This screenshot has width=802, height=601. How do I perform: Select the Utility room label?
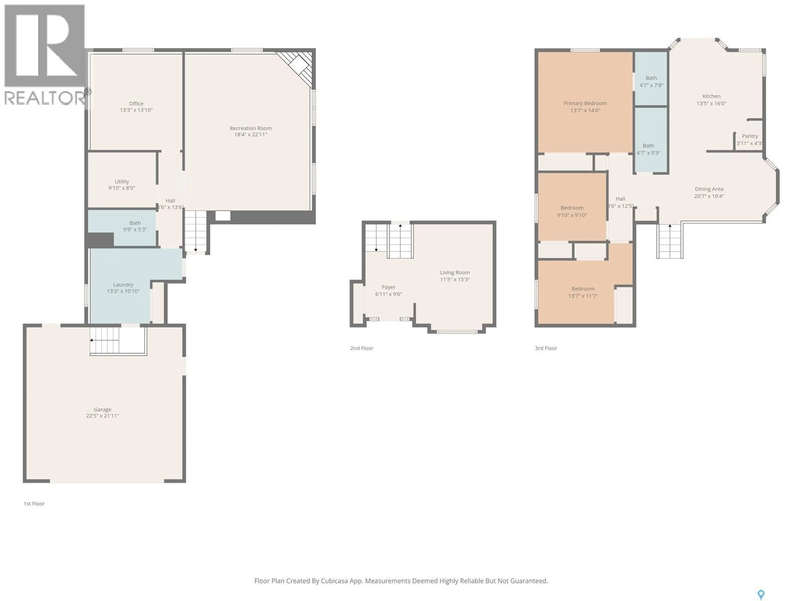click(122, 182)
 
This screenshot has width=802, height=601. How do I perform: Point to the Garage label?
click(103, 409)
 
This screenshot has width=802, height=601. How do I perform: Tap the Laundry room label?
click(123, 285)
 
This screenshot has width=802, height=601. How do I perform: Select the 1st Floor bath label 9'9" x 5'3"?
click(135, 229)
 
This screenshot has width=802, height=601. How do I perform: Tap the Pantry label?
click(750, 136)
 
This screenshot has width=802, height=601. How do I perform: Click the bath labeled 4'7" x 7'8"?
click(651, 82)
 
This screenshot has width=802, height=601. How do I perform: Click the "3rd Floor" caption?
click(546, 348)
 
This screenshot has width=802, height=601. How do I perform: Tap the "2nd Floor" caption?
click(362, 348)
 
